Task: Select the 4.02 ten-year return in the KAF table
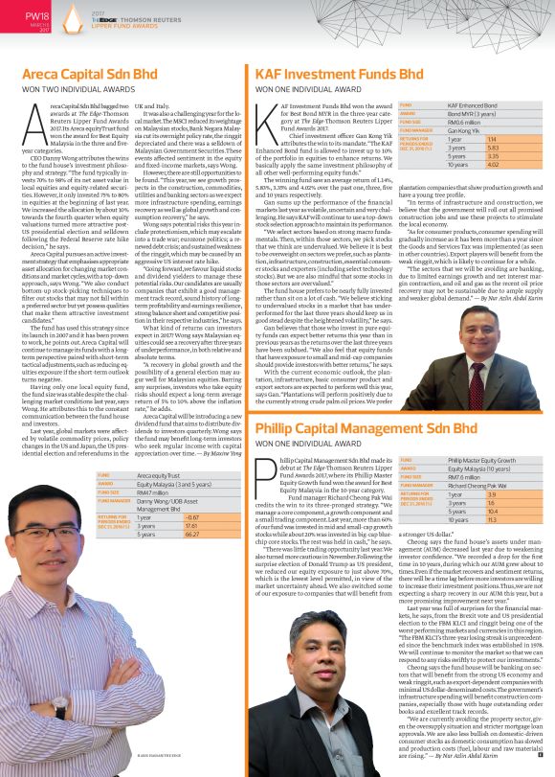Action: tap(466, 164)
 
